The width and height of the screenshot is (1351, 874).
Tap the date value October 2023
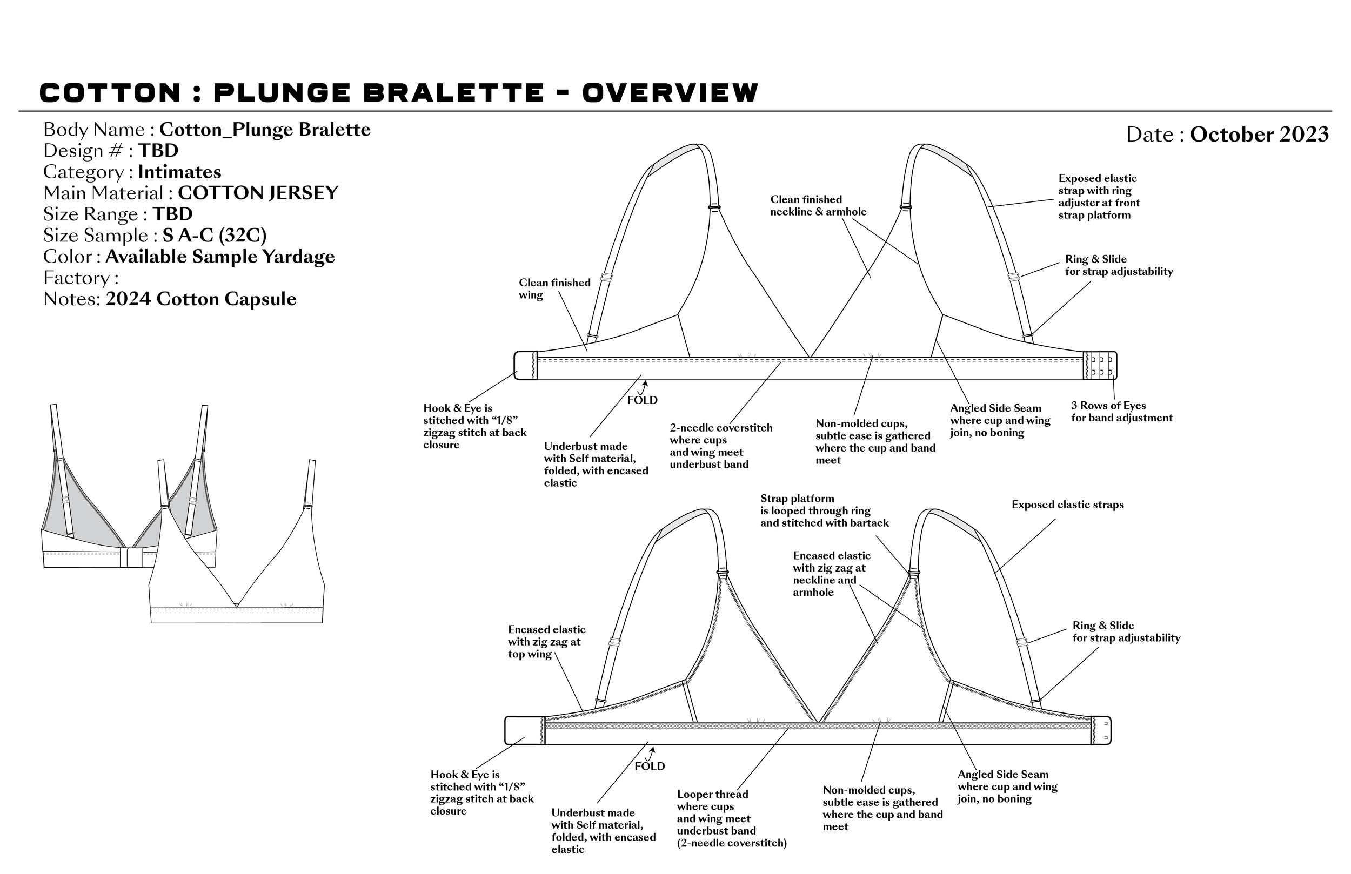tap(1259, 135)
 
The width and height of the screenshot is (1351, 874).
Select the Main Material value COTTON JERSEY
tap(258, 193)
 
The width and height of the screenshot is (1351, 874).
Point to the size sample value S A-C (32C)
tap(215, 236)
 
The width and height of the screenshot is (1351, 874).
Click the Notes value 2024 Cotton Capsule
tap(201, 299)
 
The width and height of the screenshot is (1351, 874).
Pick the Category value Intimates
tap(179, 172)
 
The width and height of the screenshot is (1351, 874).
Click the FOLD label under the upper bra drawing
tap(642, 400)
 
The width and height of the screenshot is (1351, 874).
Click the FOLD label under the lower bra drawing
tap(650, 766)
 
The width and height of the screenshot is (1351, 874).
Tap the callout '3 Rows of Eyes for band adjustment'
tap(1121, 412)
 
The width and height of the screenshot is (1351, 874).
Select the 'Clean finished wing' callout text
tap(554, 289)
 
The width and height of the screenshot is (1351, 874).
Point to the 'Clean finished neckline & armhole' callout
tap(818, 205)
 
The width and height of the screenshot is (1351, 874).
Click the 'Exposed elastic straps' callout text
tap(1067, 505)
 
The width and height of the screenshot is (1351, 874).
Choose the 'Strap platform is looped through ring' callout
tap(824, 511)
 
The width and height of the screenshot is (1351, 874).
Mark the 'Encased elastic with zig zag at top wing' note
tap(546, 642)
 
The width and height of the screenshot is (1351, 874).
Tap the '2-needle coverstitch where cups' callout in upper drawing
tap(720, 446)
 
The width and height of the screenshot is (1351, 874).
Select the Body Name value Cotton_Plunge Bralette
tap(264, 130)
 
